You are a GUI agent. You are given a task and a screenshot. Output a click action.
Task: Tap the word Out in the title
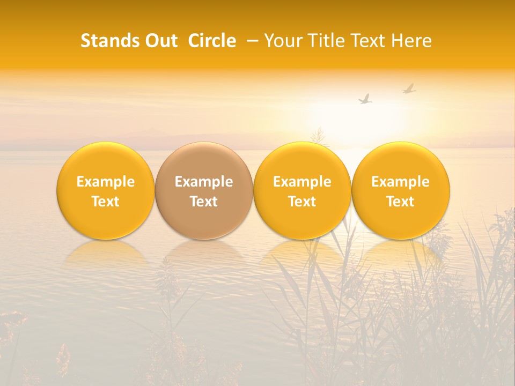(159, 41)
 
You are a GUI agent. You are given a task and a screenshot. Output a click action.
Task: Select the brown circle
(204, 191)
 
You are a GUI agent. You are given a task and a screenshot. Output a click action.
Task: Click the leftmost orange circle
(106, 191)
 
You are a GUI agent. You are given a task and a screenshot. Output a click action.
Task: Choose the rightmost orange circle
(401, 191)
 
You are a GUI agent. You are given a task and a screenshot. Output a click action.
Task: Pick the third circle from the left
(302, 191)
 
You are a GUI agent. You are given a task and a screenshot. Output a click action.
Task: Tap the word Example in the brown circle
(204, 182)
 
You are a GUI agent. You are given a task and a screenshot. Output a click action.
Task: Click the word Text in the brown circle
(204, 202)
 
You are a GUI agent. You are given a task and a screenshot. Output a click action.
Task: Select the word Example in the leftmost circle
(106, 182)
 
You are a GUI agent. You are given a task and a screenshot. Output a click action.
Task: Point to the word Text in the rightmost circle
(401, 202)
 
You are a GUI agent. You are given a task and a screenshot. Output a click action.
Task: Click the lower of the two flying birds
(365, 99)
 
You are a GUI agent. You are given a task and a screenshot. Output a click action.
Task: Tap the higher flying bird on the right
(409, 88)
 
